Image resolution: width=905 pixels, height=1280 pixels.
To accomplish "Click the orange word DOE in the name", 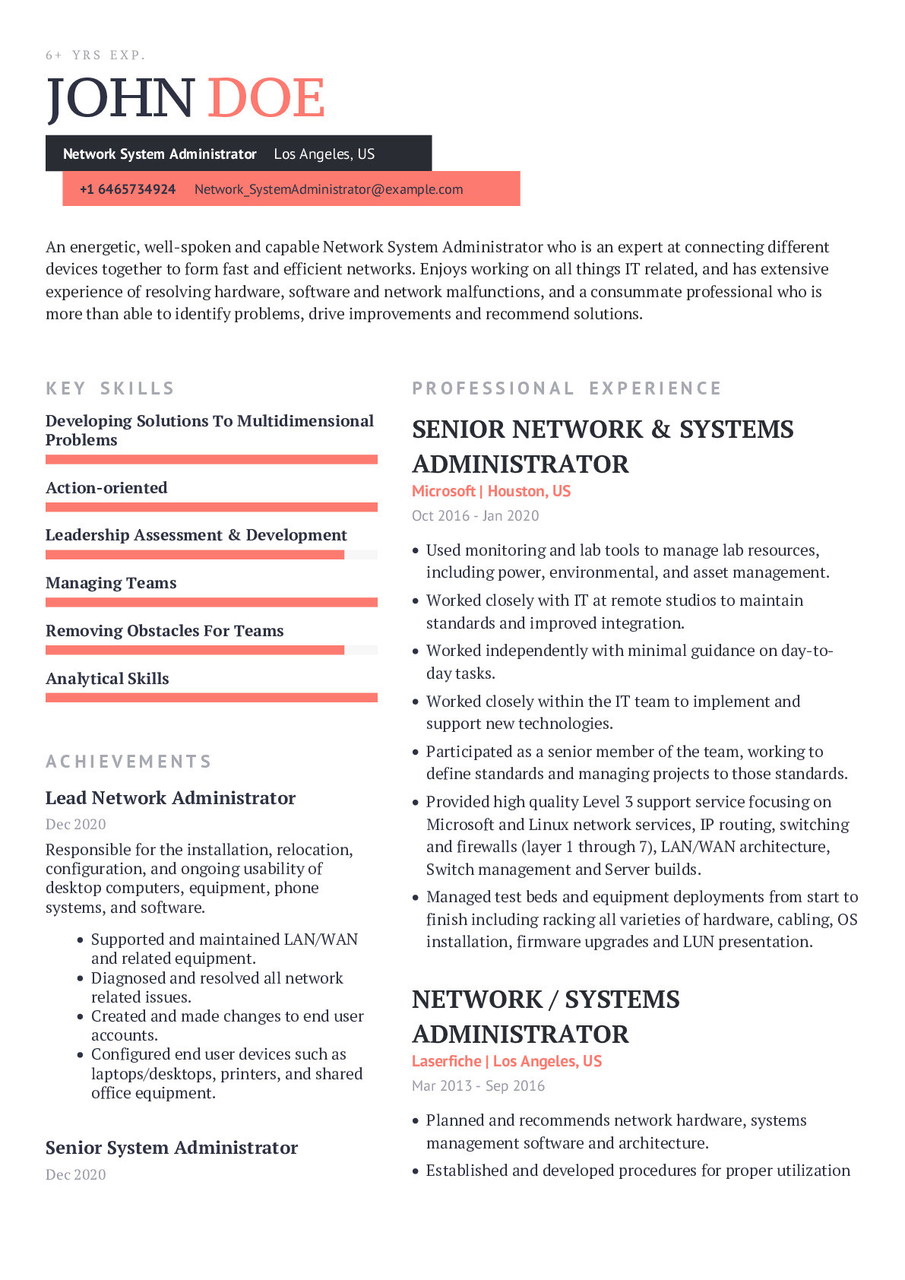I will point(266,99).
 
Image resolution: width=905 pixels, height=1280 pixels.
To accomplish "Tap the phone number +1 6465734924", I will point(128,189).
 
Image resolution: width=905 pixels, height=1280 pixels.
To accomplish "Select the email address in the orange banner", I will point(328,189).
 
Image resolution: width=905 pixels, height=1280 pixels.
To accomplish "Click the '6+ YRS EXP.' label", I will point(96,55).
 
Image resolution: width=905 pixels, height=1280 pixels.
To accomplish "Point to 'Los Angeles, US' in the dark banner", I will point(324,154).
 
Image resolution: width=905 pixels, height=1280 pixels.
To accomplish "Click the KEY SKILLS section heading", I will point(110,388).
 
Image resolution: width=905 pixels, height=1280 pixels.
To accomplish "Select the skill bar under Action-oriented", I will point(211,507).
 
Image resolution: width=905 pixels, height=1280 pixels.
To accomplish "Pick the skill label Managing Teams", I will point(111,583).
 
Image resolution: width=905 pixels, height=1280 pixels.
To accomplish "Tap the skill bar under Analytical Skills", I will point(211,698).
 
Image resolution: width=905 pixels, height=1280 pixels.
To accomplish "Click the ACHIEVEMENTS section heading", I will point(128,762).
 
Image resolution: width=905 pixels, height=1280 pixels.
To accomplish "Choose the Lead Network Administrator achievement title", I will point(170,798).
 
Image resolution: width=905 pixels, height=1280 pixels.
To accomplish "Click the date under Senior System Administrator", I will point(76,1174).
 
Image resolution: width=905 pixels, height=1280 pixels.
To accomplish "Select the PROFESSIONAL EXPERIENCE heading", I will point(567,388).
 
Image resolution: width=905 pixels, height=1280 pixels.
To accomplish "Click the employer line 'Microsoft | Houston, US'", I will point(491,491).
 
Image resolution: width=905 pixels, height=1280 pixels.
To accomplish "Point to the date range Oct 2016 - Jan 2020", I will point(475,515).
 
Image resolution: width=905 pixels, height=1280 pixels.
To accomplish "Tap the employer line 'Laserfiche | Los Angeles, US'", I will point(507,1061).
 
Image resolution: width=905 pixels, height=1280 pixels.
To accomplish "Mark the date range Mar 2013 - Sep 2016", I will point(478,1085).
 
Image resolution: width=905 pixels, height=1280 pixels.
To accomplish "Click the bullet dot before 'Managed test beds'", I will point(416,898).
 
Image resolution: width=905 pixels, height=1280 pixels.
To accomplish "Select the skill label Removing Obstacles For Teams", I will point(164,631).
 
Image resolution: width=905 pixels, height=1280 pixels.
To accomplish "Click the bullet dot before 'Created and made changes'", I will point(80,1017).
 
